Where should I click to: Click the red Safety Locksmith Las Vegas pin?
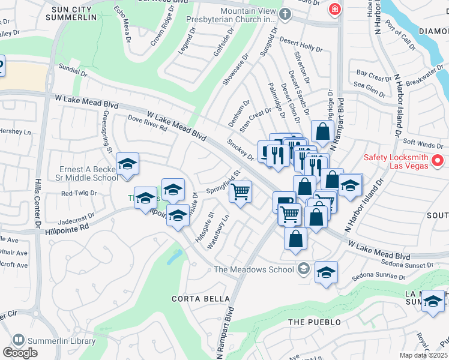(x=438, y=161)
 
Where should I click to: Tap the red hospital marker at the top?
(x=334, y=10)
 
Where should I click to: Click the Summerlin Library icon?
(x=18, y=340)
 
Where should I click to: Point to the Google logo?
(x=20, y=353)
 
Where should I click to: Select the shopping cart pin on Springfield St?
(x=240, y=192)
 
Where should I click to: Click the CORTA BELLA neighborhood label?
(x=192, y=299)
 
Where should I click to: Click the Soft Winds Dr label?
(x=423, y=144)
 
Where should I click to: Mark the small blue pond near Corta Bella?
(x=174, y=257)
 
